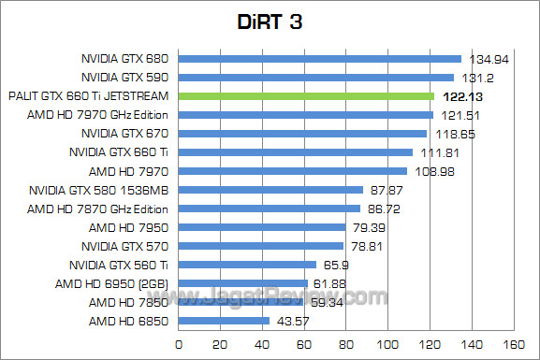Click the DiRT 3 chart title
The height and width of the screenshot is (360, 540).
coord(270,21)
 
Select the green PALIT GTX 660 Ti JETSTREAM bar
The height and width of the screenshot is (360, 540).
coord(305,96)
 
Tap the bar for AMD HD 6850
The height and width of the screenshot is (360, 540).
coord(223,321)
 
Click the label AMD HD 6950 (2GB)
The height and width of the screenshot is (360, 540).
coord(111,283)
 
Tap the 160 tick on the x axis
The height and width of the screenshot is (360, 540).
coord(512,344)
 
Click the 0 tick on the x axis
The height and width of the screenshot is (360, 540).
coord(177,344)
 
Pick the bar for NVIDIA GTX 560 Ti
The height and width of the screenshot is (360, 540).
coord(246,265)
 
